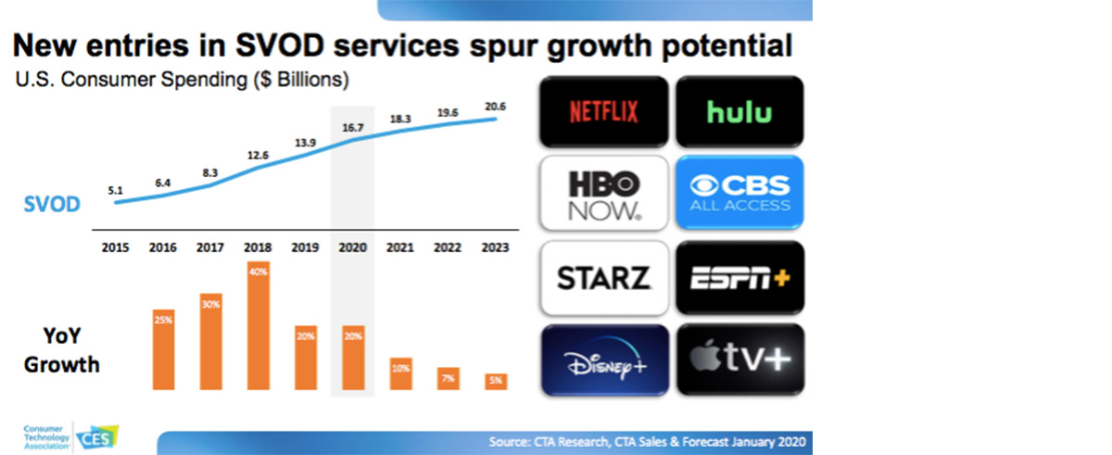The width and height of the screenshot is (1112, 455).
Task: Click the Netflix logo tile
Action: point(603,111)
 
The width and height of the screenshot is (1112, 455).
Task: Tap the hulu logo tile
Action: point(739,111)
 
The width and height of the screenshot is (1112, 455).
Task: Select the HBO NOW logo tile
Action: point(603,193)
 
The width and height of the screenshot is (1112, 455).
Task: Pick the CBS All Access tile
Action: point(739,193)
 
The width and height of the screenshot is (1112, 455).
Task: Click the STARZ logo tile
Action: point(603,276)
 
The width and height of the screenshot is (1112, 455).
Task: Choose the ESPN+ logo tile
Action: point(739,276)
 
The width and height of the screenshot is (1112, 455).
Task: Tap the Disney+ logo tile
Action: point(603,358)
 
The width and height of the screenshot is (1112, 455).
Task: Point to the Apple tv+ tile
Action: point(739,358)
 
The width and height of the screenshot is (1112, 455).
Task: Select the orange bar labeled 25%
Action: point(163,348)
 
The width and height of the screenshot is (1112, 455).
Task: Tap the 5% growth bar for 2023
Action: point(497,381)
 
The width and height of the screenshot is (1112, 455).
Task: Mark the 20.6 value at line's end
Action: point(497,107)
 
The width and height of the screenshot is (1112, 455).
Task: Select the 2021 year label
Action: point(401,248)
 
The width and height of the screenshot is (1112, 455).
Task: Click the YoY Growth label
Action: point(62,350)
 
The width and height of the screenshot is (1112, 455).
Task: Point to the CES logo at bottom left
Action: point(96,437)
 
